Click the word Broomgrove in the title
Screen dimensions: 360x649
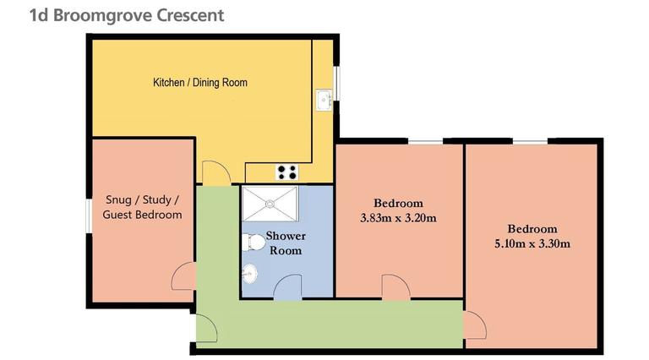[x=96, y=14]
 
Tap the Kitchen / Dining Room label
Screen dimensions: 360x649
[x=199, y=83]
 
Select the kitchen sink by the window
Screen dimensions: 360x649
[x=324, y=101]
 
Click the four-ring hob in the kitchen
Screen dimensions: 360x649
[x=286, y=172]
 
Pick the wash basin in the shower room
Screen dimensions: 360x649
[x=250, y=274]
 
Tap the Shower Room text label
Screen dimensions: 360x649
[x=286, y=243]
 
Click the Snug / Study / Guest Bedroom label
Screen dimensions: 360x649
[x=142, y=207]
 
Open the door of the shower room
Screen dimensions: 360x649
[x=286, y=289]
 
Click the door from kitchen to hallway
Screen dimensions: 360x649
[x=216, y=173]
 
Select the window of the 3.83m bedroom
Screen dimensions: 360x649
[x=424, y=140]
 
